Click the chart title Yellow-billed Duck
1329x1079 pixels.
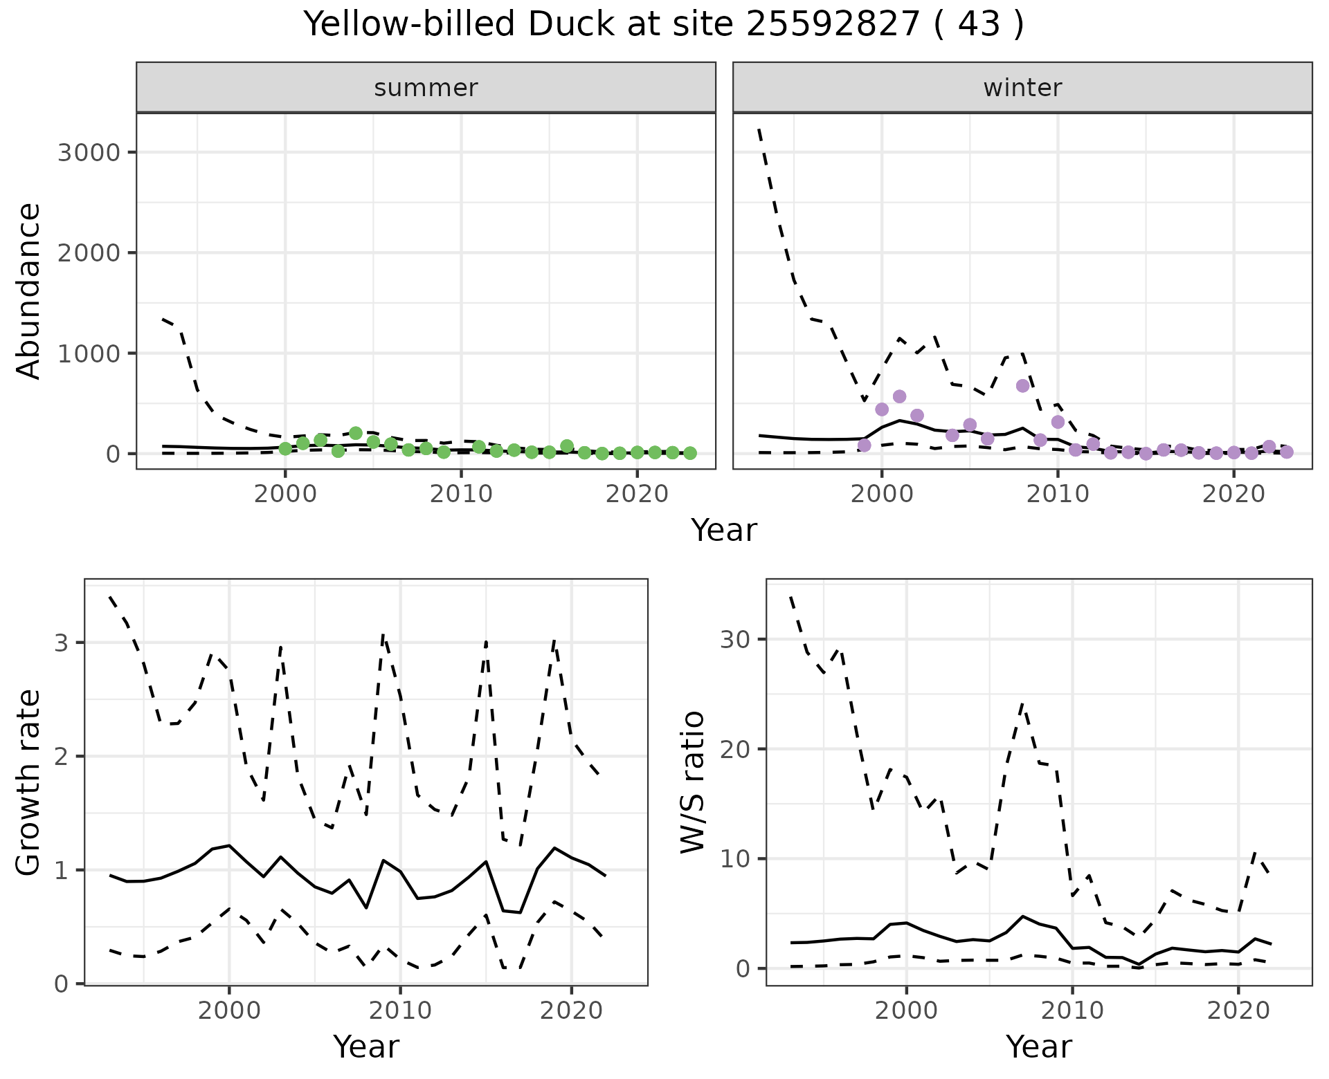pos(663,25)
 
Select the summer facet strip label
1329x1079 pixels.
pos(426,88)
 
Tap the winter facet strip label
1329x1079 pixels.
pos(1022,88)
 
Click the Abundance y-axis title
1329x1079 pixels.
pos(29,290)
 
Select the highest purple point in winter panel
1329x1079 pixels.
pos(1023,385)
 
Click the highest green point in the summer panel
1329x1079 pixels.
pos(356,433)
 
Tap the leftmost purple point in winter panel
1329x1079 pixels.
pos(864,445)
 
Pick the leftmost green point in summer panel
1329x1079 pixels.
pos(285,449)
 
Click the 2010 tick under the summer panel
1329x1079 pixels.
pos(461,495)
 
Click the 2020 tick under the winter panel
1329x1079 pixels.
pos(1233,495)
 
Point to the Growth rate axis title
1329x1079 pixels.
pos(29,783)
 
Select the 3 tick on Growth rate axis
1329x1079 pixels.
pos(62,643)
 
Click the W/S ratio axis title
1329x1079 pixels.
pos(692,782)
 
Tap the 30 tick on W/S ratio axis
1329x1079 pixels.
pos(735,639)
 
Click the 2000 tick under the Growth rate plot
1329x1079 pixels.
pos(229,1011)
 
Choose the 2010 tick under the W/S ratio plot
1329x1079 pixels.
pos(1072,1011)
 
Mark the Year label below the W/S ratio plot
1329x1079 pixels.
pos(1038,1047)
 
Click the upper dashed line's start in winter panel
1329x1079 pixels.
pos(759,129)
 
